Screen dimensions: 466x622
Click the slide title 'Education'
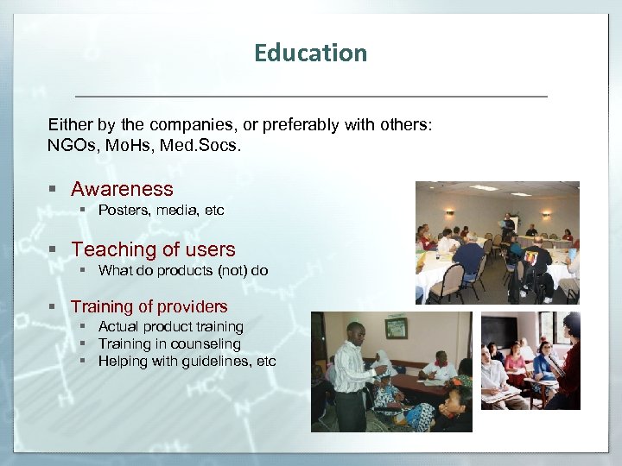click(310, 54)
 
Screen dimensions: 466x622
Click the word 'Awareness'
click(122, 189)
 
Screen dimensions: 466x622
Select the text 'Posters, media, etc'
click(161, 210)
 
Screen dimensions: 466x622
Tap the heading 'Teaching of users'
click(153, 249)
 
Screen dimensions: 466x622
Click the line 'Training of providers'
click(149, 306)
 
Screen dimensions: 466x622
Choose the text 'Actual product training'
click(170, 327)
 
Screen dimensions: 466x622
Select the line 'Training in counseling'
click(169, 344)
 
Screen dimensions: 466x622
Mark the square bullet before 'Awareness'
click(54, 190)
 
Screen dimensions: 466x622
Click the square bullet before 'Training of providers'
click(54, 307)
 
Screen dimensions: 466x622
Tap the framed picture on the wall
click(396, 328)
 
